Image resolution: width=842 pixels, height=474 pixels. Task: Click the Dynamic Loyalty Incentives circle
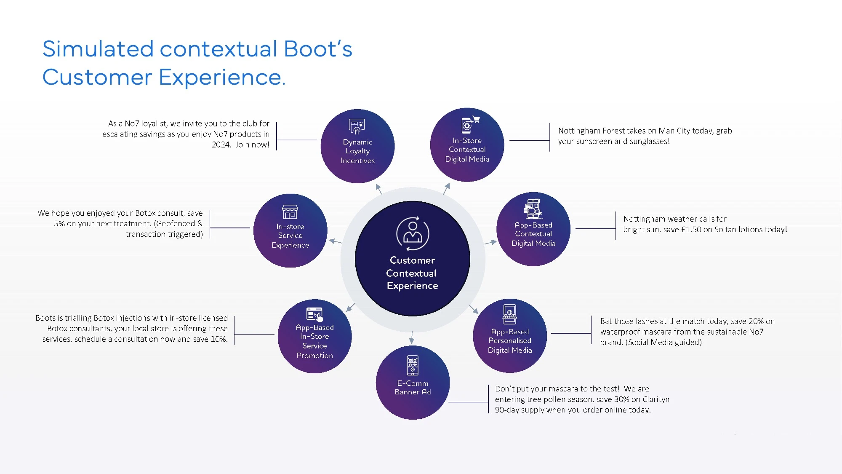(x=357, y=146)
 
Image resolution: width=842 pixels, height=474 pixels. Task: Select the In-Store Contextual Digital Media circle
(x=467, y=145)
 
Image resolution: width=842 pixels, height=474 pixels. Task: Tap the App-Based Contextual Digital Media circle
(x=533, y=229)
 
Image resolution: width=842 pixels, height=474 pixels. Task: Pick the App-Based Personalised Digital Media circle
(x=510, y=336)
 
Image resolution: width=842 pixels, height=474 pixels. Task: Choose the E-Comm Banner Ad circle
(x=413, y=383)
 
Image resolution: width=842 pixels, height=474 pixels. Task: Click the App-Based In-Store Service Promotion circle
(x=314, y=336)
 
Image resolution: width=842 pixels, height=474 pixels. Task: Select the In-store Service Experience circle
(x=290, y=230)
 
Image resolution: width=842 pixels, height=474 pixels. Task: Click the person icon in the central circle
(x=413, y=233)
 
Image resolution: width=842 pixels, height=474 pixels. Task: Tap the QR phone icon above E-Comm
(x=413, y=365)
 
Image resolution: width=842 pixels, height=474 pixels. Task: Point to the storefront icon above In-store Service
(x=290, y=212)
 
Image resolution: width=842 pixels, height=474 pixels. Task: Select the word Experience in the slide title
(x=221, y=78)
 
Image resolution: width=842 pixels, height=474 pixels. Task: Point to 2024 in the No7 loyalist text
(x=221, y=145)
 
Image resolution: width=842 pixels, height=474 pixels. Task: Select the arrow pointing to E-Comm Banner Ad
(x=412, y=338)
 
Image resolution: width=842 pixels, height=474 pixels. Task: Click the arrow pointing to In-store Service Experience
(x=336, y=241)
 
